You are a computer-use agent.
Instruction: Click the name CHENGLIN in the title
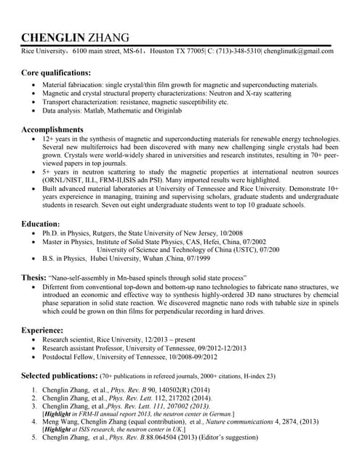point(52,38)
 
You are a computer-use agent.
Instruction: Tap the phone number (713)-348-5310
point(236,52)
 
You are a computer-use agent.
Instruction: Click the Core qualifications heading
point(56,73)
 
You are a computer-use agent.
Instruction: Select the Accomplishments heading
point(52,129)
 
